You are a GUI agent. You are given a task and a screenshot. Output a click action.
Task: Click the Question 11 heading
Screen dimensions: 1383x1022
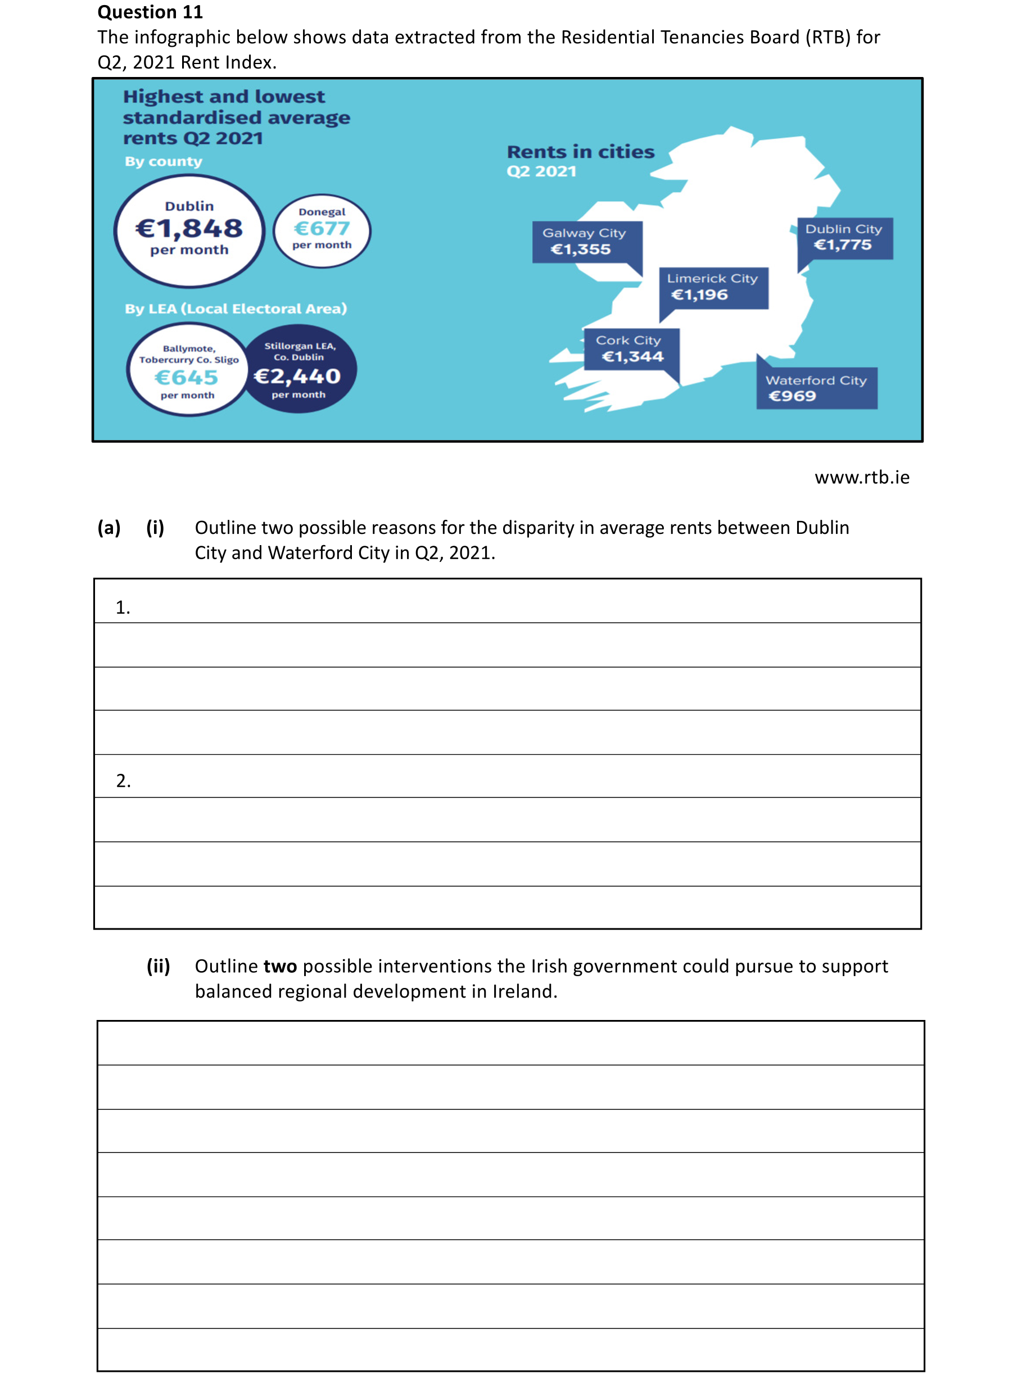[x=150, y=12]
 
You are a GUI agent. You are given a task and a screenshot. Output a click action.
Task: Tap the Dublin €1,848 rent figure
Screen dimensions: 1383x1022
[x=189, y=228]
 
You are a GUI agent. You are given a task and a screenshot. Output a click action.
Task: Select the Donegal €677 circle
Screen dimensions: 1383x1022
[x=322, y=230]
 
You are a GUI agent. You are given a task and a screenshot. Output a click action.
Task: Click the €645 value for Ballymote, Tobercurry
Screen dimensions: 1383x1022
[x=186, y=377]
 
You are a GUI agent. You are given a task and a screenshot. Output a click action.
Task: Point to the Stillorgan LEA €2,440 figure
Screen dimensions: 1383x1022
[x=297, y=375]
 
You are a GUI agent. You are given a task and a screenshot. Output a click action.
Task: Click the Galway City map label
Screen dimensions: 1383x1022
[x=585, y=241]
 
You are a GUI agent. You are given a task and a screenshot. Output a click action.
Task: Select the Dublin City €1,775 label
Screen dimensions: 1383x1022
[x=844, y=238]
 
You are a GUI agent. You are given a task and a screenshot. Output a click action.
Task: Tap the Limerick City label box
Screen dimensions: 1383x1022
[x=713, y=287]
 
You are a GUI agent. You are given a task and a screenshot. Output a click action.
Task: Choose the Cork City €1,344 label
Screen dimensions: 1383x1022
[x=630, y=349]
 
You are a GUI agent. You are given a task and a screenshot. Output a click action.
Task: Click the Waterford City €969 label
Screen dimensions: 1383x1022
[x=816, y=388]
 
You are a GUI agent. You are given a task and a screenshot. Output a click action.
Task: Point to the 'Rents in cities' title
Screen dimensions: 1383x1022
[x=580, y=152]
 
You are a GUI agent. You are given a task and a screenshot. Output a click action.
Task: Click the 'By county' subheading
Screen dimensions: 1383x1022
[x=164, y=161]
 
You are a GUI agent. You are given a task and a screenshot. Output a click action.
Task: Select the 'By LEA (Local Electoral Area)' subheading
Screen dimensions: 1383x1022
[x=236, y=309]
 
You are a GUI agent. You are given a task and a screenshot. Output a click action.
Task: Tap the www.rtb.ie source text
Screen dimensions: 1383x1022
[x=862, y=478]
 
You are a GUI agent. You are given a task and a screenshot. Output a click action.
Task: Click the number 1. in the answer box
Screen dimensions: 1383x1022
[x=123, y=607]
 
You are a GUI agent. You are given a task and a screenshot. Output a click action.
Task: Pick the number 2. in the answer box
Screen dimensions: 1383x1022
[x=123, y=781]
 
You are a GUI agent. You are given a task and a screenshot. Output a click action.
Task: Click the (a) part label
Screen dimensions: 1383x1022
[x=109, y=528]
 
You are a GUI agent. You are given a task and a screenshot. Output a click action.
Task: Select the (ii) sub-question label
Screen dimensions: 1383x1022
[x=159, y=966]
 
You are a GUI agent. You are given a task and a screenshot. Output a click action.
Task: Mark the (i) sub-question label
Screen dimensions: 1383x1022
[x=155, y=528]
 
